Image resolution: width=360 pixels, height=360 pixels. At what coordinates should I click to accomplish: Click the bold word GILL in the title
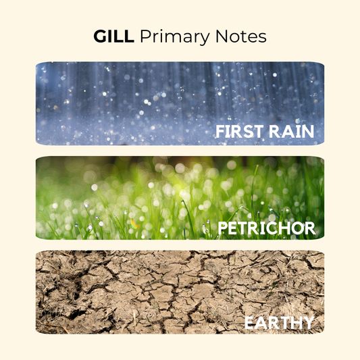114,36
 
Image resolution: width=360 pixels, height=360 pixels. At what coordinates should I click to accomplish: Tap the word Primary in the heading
175,37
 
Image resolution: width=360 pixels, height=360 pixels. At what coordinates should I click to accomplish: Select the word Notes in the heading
241,36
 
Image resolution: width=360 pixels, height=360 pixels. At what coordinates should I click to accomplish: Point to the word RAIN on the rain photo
291,131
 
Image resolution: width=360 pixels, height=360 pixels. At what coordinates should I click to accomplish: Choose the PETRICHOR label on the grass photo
267,228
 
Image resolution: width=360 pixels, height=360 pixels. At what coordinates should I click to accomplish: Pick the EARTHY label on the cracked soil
279,323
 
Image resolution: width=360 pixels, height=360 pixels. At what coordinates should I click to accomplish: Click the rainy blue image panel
180,103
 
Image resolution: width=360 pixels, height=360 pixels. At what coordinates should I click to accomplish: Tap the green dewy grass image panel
180,198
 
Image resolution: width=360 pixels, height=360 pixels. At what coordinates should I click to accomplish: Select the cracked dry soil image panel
180,292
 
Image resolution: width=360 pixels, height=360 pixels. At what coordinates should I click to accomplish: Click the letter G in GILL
100,36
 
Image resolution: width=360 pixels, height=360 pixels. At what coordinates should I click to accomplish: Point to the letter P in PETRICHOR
223,228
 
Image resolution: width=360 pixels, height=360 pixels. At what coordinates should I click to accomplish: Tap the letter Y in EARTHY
307,323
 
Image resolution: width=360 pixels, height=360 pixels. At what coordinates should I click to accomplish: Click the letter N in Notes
222,36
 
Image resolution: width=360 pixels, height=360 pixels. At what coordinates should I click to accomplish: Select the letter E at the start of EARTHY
249,323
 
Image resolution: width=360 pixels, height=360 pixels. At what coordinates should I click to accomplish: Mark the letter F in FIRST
220,131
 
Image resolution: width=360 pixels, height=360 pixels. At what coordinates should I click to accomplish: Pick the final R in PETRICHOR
310,228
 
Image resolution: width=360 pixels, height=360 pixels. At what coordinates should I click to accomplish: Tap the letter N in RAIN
308,131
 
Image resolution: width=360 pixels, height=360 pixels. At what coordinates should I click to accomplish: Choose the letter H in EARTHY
295,323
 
